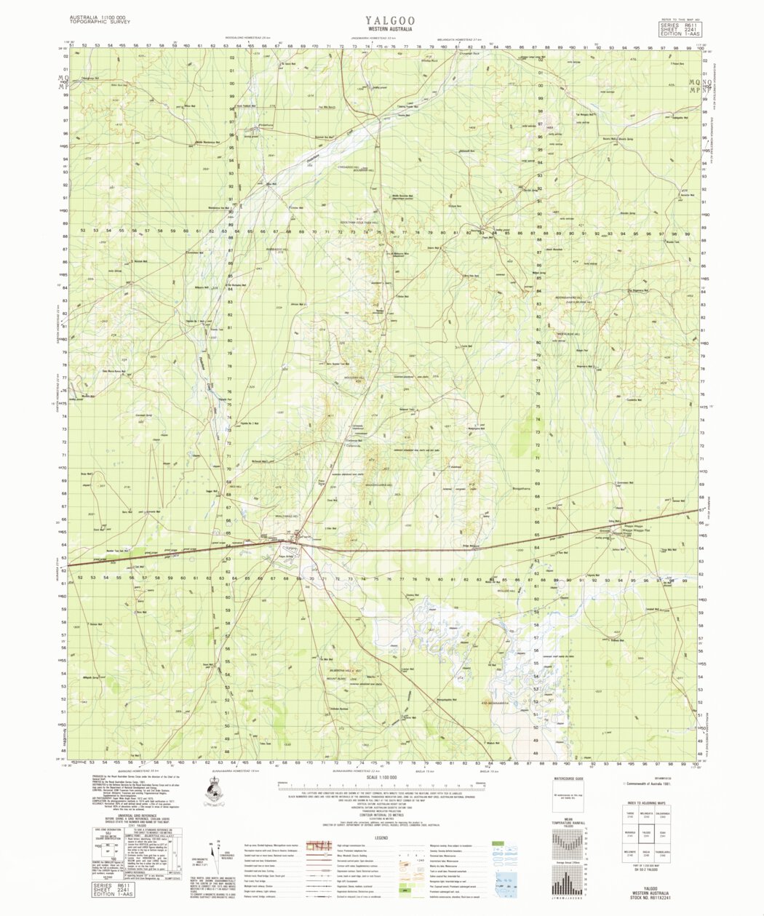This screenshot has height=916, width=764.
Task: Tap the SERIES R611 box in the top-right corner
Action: tap(679, 28)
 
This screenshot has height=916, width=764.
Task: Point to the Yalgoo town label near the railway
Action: tap(291, 547)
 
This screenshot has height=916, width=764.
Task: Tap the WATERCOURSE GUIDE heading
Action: tap(570, 778)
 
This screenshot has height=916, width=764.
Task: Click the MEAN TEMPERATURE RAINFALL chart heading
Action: tap(570, 824)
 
